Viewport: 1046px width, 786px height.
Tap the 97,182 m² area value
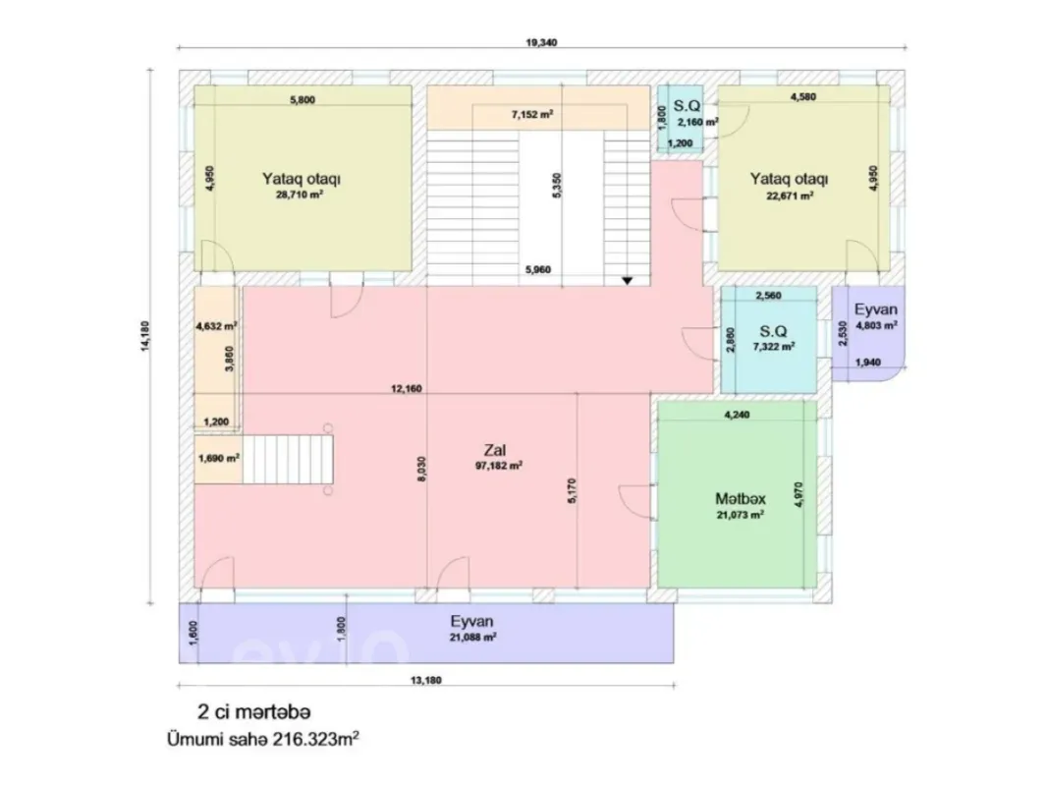(x=497, y=465)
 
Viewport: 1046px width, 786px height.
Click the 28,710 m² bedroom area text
(x=301, y=195)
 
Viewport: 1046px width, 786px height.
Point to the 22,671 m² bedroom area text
(x=789, y=195)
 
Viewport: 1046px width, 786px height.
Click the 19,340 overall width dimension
(x=541, y=42)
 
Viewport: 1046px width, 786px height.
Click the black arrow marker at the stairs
(x=628, y=281)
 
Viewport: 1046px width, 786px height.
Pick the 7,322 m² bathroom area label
(x=775, y=346)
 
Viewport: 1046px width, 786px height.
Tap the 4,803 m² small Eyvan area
(x=876, y=323)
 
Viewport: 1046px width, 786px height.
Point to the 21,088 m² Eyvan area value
(x=472, y=637)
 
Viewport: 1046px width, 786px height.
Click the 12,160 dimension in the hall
(x=406, y=390)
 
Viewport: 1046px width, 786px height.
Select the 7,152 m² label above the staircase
(x=531, y=114)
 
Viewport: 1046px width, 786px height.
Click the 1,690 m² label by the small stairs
(x=218, y=458)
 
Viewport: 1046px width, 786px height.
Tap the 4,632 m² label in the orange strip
(x=216, y=325)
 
